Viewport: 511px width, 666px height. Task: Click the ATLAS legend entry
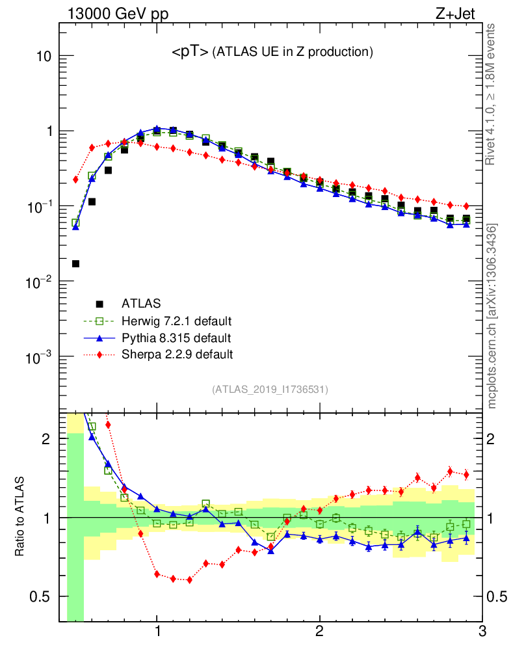pos(141,303)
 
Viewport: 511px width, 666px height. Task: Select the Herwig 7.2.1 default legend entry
pos(176,321)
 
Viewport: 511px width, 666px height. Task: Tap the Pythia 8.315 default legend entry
pos(176,338)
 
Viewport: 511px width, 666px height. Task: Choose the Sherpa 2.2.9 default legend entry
pos(177,354)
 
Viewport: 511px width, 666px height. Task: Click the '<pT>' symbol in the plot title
pos(190,53)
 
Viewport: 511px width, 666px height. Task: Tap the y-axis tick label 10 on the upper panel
pos(43,57)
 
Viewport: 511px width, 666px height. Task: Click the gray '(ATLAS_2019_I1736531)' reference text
pos(270,390)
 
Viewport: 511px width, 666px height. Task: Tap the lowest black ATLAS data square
pos(75,263)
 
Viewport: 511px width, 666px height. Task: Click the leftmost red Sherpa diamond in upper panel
pos(75,179)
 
